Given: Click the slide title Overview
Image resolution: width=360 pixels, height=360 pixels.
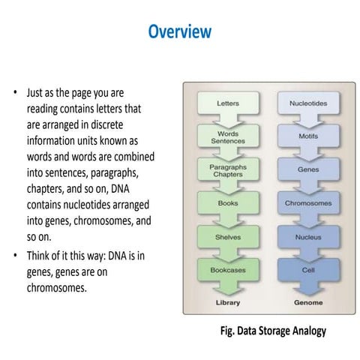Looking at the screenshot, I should pyautogui.click(x=180, y=31).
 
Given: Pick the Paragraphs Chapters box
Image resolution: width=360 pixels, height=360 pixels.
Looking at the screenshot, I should pyautogui.click(x=227, y=168).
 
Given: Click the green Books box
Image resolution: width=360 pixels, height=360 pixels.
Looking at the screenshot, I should pyautogui.click(x=227, y=202).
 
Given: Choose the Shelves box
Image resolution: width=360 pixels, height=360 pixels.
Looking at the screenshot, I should pyautogui.click(x=227, y=235).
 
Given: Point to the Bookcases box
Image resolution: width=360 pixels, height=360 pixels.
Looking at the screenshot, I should pyautogui.click(x=227, y=268).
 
